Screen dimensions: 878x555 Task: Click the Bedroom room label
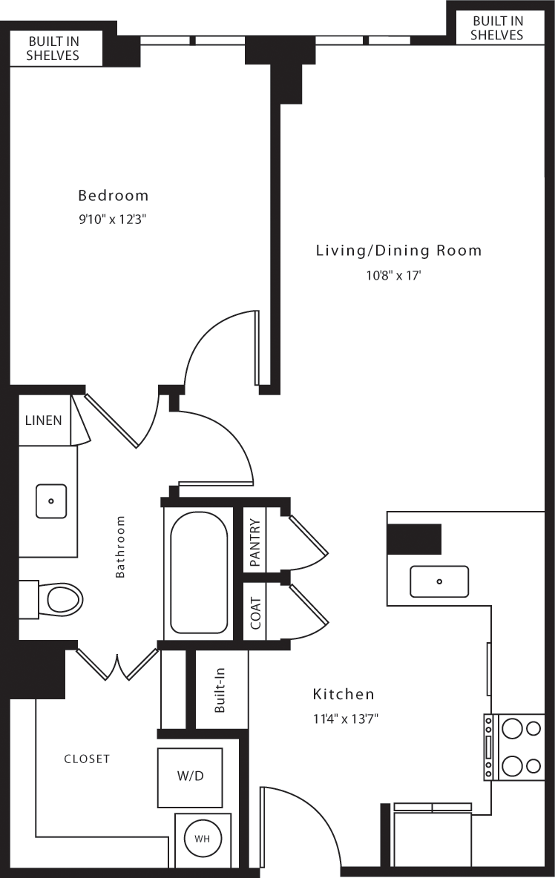(x=113, y=196)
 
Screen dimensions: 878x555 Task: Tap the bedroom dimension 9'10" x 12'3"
(x=113, y=219)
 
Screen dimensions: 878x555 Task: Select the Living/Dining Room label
(x=398, y=251)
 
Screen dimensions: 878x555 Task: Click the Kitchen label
(x=344, y=695)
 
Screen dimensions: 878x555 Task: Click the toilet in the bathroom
(x=63, y=598)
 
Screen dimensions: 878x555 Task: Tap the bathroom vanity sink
(x=51, y=501)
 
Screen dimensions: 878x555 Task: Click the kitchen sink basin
(x=439, y=581)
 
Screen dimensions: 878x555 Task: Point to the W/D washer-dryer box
(x=190, y=776)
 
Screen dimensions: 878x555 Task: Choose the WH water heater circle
(x=202, y=839)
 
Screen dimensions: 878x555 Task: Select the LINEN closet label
(x=44, y=420)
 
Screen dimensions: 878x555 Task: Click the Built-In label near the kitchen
(x=220, y=691)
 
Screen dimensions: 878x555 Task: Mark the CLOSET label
(x=87, y=759)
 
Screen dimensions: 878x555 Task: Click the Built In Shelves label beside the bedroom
(x=53, y=48)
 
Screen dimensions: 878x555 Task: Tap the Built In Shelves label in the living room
(x=497, y=28)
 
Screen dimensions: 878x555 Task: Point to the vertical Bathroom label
(x=120, y=547)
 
